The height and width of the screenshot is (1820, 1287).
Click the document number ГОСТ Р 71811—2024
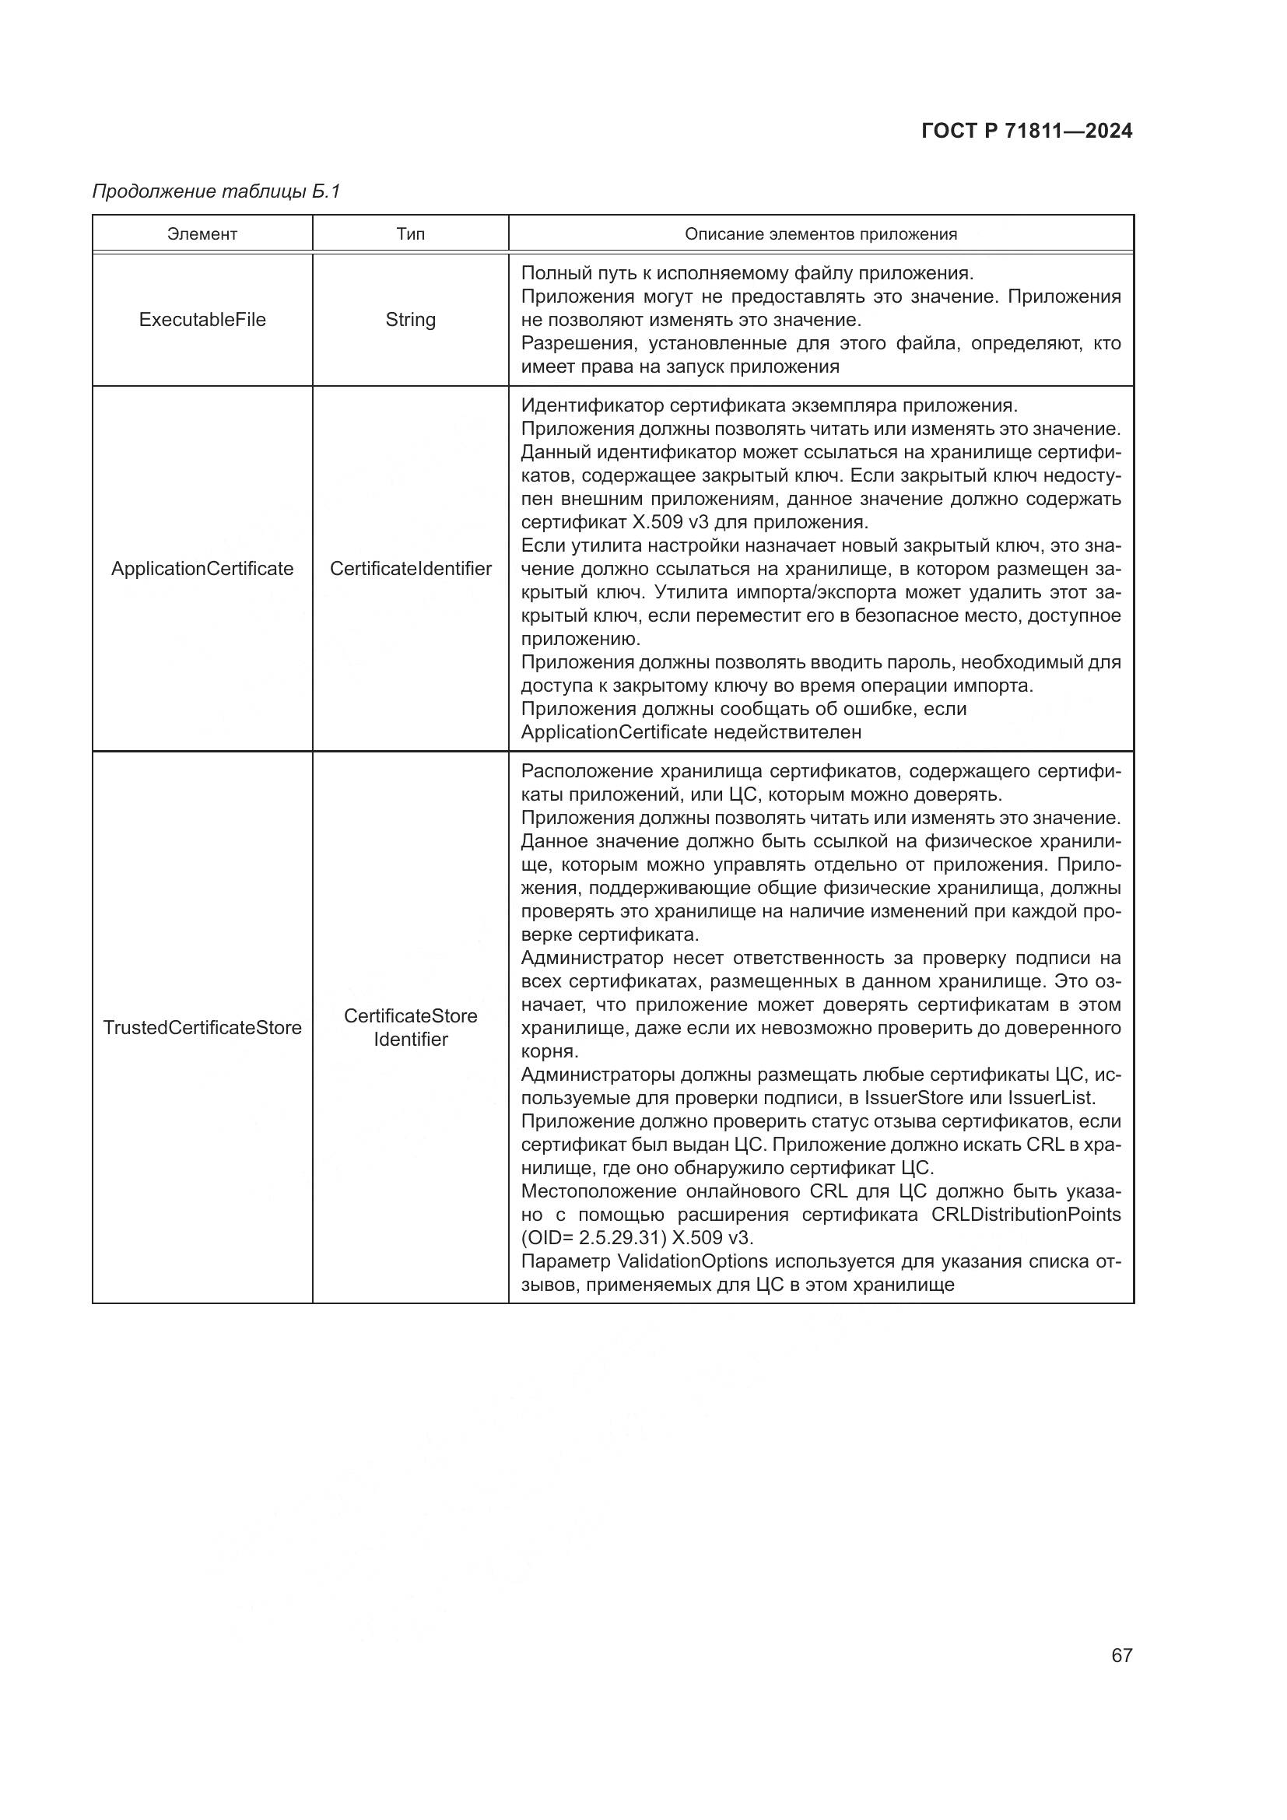(1027, 132)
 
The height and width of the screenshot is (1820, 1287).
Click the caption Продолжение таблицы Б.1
(216, 191)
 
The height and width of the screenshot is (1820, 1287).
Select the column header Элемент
(202, 234)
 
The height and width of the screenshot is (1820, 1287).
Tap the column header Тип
(411, 234)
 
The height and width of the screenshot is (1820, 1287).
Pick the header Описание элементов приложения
(820, 234)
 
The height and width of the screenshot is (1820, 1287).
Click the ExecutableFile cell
(202, 320)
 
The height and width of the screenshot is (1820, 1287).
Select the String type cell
(411, 320)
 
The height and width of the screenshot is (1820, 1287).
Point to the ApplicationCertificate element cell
(202, 568)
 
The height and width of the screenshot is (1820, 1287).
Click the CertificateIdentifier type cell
(411, 568)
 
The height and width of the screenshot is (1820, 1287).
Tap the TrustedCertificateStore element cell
(202, 1027)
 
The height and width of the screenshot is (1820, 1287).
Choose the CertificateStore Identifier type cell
(411, 1027)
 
